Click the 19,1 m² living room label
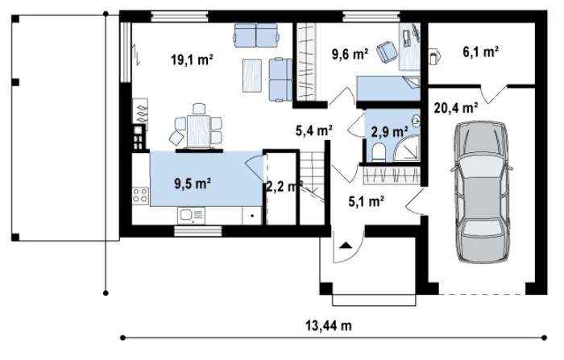[x=192, y=60]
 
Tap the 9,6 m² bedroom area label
[x=350, y=54]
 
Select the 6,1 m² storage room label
[x=480, y=52]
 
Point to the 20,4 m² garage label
[x=456, y=108]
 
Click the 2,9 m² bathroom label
[x=389, y=131]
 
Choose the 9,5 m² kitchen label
[x=193, y=184]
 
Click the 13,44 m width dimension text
[x=329, y=326]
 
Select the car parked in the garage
[x=482, y=192]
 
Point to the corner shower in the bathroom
[x=407, y=147]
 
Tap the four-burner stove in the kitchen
[x=141, y=196]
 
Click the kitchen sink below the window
[x=191, y=216]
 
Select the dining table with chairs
[x=197, y=129]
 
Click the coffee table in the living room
[x=251, y=76]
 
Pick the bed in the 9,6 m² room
[x=388, y=88]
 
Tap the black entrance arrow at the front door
[x=346, y=246]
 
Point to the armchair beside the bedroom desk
[x=387, y=52]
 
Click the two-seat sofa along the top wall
[x=256, y=35]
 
